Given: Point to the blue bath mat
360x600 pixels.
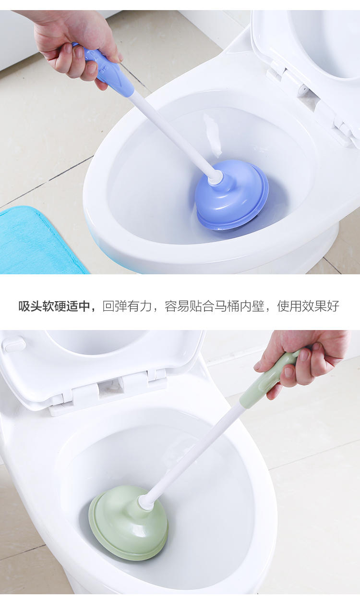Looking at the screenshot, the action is [x=40, y=241].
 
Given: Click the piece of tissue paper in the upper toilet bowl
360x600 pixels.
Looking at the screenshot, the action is [x=213, y=135].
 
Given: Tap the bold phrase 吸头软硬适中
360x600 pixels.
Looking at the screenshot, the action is [x=54, y=306].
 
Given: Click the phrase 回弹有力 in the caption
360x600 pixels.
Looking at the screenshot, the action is [x=127, y=306].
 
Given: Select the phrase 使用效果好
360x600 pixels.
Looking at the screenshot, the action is [x=308, y=306].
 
